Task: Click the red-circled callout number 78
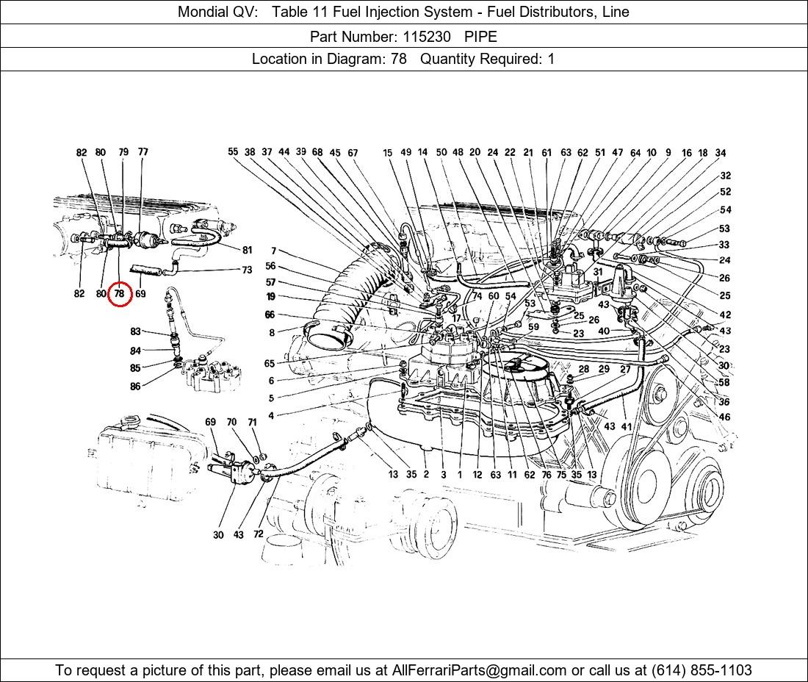tap(119, 294)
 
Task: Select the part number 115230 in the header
tap(426, 36)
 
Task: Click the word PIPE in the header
tap(480, 36)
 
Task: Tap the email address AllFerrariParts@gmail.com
tap(480, 670)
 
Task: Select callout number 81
tap(247, 251)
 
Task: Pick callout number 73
tap(247, 270)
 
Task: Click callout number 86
tap(135, 387)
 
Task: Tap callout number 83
tap(135, 332)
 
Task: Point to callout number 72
tap(258, 534)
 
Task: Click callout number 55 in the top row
tap(233, 152)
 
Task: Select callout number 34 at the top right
tap(721, 153)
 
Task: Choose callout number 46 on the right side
tap(724, 417)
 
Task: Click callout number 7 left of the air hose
tap(273, 251)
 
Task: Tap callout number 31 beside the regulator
tap(598, 272)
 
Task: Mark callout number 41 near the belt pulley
tap(626, 426)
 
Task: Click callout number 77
tap(143, 152)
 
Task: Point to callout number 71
tap(252, 423)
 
